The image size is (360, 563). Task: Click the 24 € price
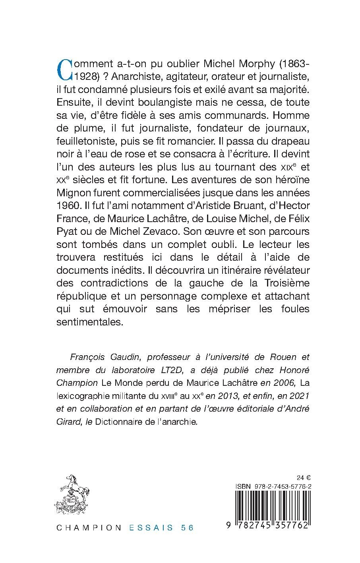pyautogui.click(x=304, y=477)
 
